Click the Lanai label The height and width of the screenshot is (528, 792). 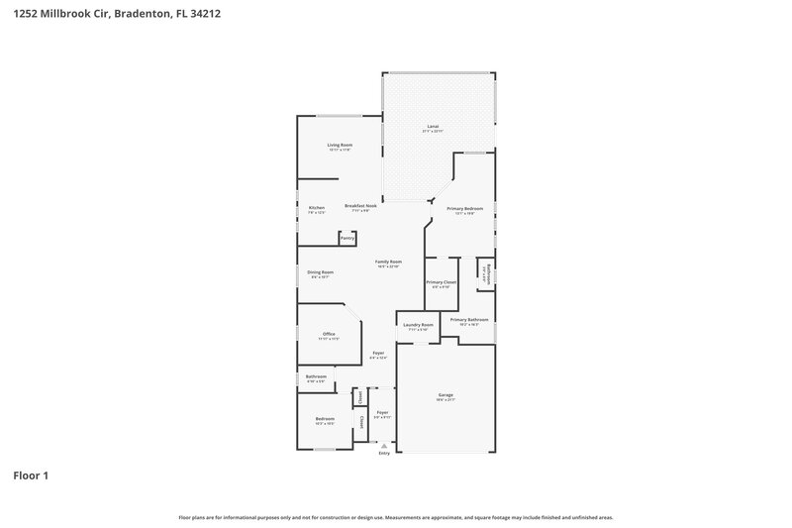click(433, 127)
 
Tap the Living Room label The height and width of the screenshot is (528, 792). click(340, 146)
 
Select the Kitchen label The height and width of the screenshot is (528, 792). click(316, 208)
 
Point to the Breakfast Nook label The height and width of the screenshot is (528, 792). click(361, 206)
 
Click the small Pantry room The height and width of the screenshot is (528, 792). click(347, 238)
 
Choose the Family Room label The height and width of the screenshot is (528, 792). click(388, 262)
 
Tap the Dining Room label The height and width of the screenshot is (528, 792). click(320, 272)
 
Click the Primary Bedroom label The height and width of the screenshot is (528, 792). click(464, 209)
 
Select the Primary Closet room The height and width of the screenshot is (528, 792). click(442, 283)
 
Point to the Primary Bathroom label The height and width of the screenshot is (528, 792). click(469, 320)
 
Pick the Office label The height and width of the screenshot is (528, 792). click(329, 335)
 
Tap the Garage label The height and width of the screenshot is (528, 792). click(445, 395)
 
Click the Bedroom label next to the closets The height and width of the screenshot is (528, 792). click(326, 419)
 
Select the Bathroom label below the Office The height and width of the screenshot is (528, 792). click(316, 376)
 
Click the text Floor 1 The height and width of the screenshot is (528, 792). click(31, 475)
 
